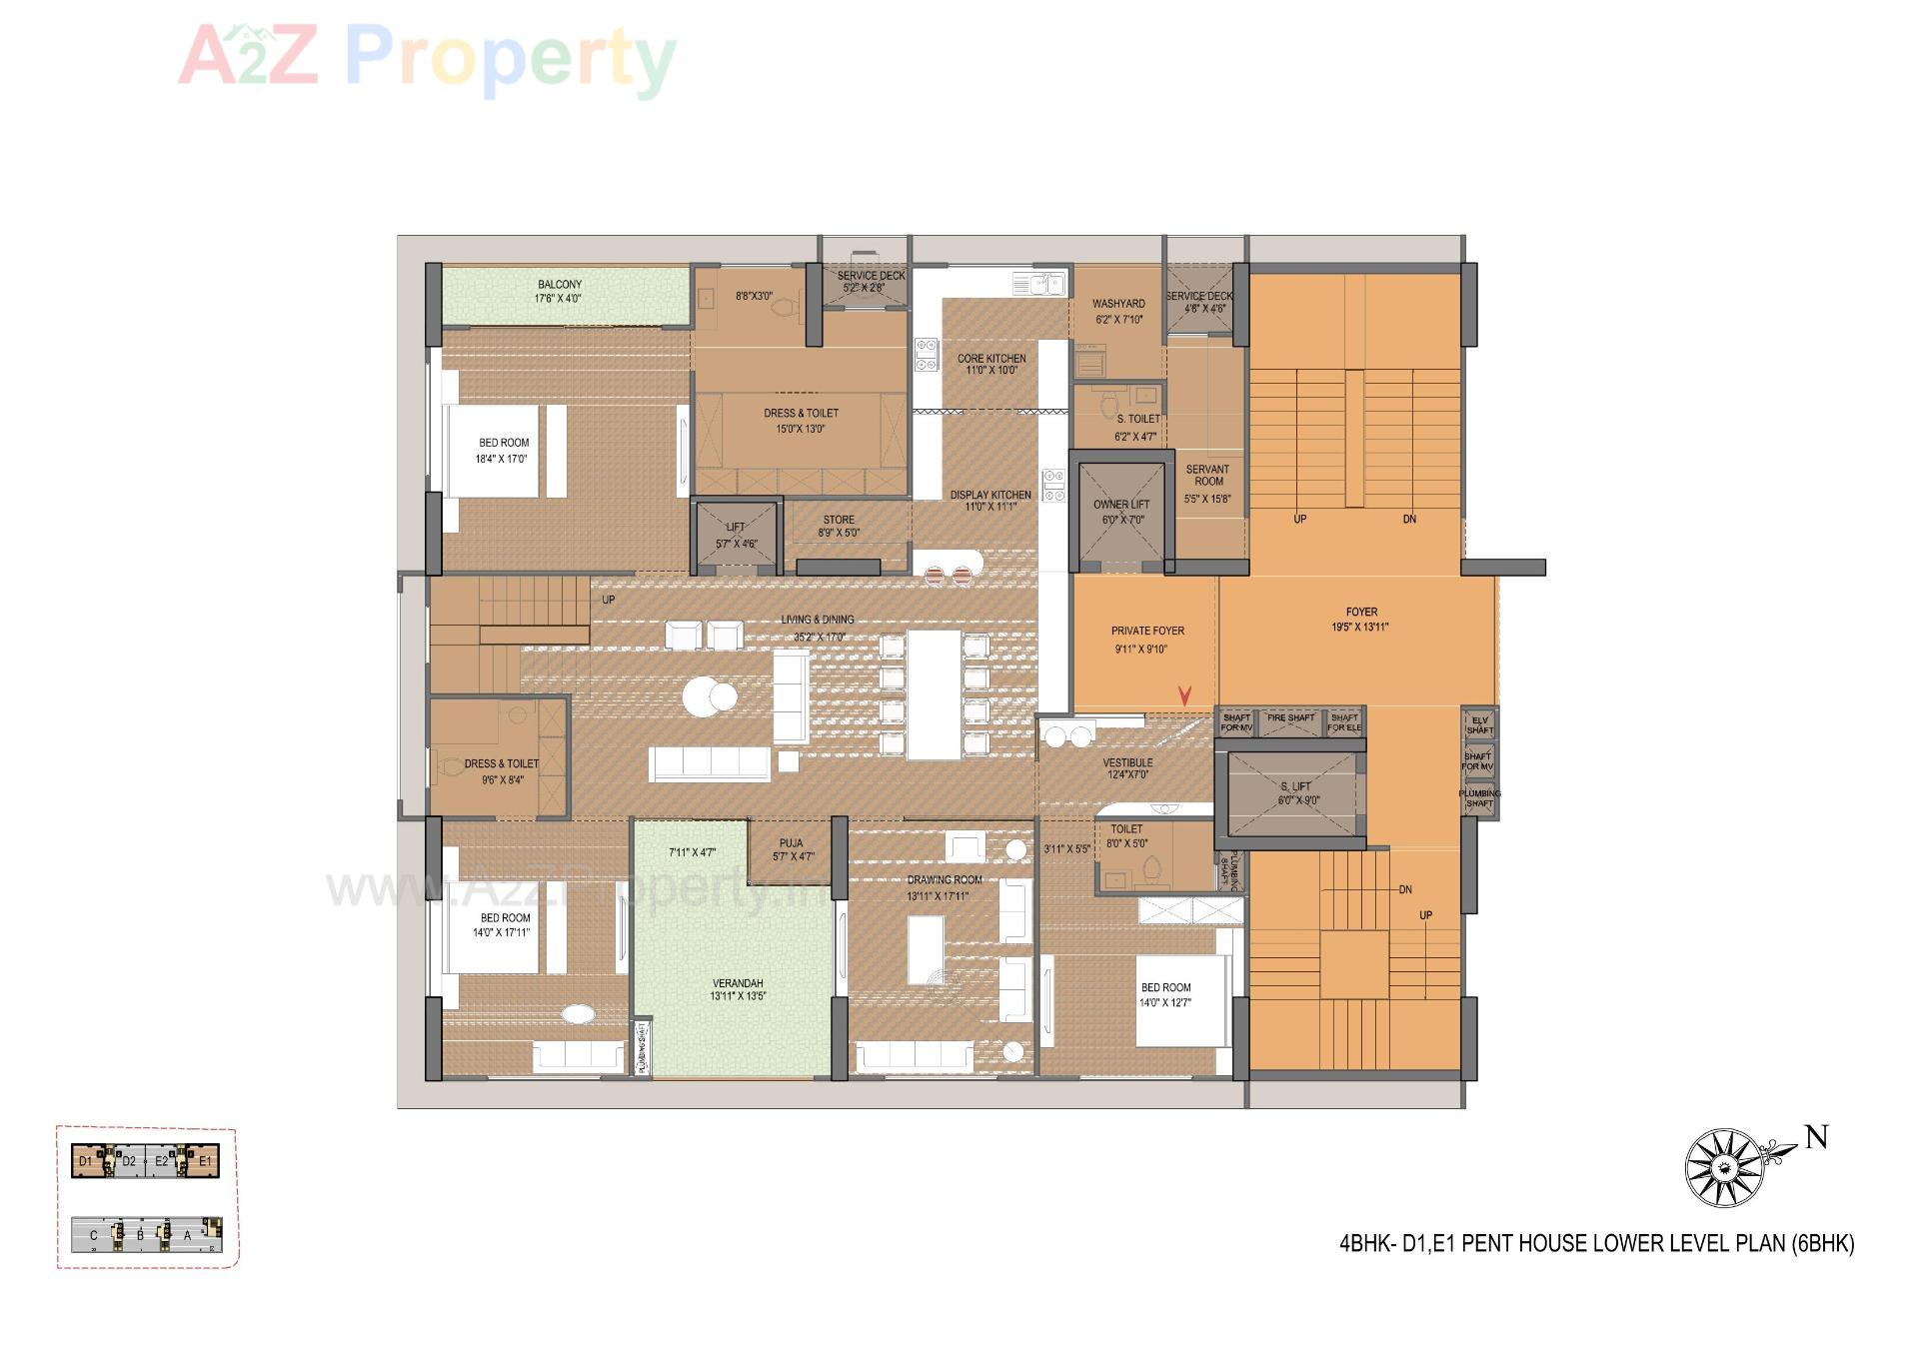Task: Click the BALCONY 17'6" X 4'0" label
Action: click(559, 291)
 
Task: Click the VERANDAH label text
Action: click(738, 984)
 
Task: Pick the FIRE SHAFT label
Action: click(1290, 718)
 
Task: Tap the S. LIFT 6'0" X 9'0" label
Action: click(1297, 793)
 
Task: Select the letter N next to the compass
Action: click(1816, 1137)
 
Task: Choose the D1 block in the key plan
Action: click(87, 1161)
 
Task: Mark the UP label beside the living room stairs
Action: click(608, 601)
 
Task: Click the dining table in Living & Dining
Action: click(934, 693)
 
